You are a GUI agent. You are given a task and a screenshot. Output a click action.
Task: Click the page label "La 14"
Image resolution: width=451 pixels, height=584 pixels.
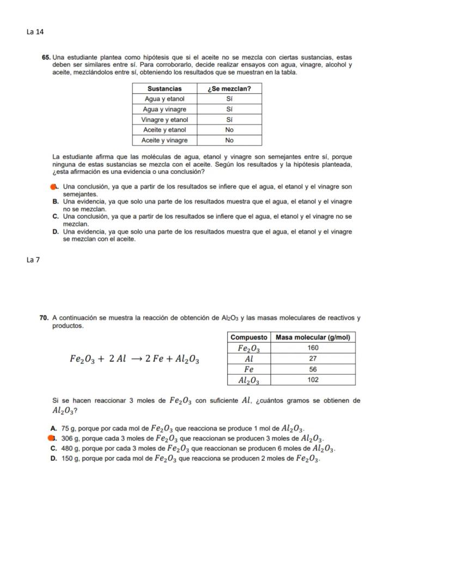[35, 32]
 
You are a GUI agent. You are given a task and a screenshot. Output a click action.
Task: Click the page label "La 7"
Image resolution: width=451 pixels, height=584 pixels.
[33, 260]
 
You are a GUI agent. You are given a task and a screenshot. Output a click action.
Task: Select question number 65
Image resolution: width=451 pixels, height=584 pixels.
[46, 57]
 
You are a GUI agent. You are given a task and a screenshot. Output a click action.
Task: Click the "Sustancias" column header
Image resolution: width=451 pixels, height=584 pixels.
[164, 88]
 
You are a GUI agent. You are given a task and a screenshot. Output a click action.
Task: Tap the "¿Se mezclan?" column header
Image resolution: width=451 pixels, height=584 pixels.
[229, 88]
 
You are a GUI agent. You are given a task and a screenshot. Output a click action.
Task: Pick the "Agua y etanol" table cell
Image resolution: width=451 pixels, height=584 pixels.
[164, 99]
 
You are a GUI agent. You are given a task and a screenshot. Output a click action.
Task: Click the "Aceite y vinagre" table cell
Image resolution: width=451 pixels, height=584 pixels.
[164, 140]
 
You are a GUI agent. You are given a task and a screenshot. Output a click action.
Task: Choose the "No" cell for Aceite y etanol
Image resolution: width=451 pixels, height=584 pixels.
[229, 130]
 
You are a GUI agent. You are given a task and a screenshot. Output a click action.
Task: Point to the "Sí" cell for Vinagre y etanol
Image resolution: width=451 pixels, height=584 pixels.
[229, 119]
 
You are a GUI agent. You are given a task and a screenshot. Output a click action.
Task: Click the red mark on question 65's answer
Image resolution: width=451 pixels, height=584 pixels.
[53, 187]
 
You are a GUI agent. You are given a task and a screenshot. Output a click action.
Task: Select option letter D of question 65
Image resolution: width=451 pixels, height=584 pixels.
[56, 232]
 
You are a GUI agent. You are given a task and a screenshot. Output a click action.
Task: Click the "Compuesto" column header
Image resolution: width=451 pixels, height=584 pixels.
[248, 338]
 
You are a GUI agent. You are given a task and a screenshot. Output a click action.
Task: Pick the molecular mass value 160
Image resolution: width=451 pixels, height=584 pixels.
[313, 348]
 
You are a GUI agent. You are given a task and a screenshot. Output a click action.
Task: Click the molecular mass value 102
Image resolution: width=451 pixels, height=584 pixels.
[313, 380]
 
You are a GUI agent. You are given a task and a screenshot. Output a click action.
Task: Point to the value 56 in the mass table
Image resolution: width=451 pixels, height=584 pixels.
[313, 369]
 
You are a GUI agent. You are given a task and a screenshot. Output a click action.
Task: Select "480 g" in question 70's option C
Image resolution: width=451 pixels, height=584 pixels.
[71, 448]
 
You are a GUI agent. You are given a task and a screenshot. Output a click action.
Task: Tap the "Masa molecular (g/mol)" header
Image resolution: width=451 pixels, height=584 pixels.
[313, 338]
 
